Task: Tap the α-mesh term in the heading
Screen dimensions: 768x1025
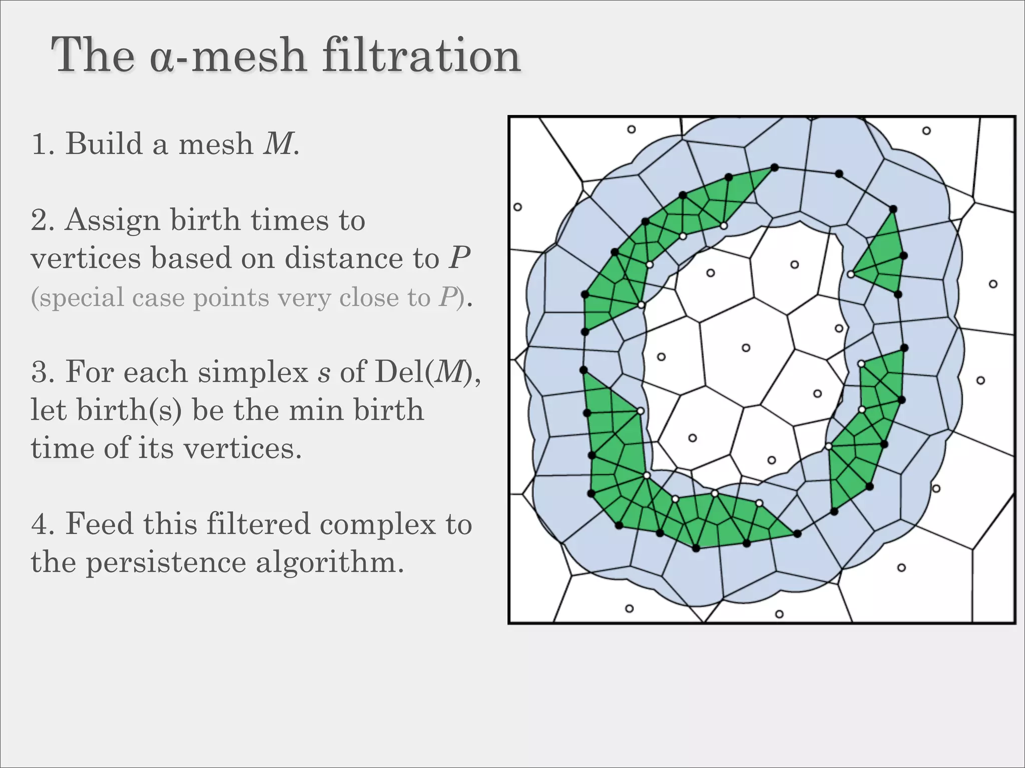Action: (228, 56)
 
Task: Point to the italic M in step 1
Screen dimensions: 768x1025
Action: (278, 143)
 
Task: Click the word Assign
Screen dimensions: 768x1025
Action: (112, 220)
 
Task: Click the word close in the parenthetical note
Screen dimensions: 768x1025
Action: (368, 298)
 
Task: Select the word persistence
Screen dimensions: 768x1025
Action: (166, 562)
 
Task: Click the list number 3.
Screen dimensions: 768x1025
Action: (40, 372)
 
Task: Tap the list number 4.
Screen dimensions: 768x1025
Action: (40, 524)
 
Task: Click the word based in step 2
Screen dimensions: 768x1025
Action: (190, 258)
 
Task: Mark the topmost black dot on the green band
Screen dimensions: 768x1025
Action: (774, 167)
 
